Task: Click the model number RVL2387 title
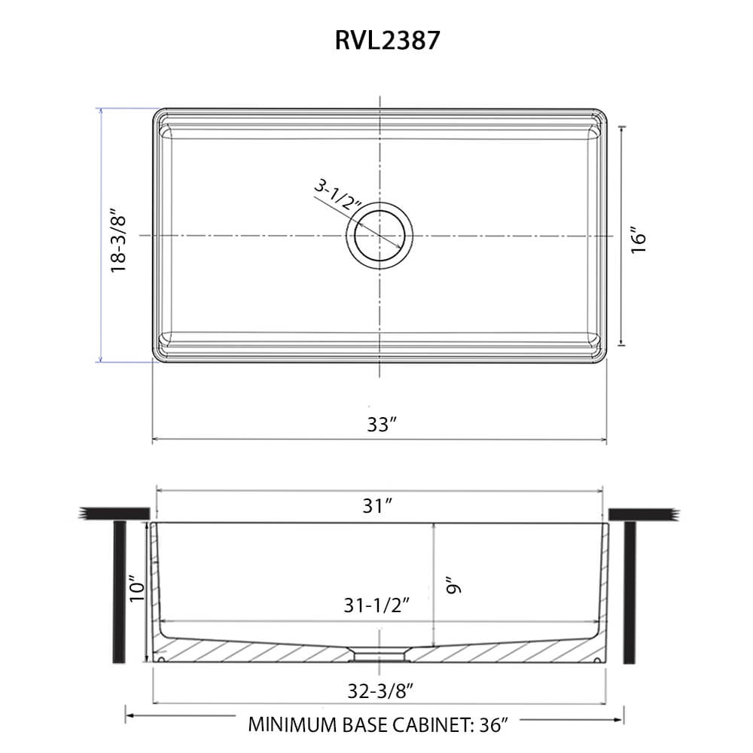click(x=387, y=40)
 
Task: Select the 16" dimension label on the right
click(x=639, y=239)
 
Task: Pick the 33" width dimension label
click(x=382, y=424)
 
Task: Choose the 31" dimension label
click(x=380, y=507)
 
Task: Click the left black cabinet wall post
click(x=119, y=591)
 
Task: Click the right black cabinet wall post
click(x=632, y=591)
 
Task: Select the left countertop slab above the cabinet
click(x=113, y=514)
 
